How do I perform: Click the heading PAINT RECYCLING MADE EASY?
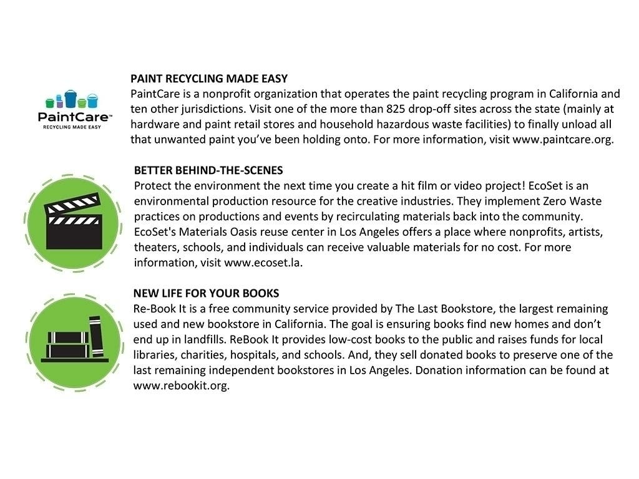click(209, 79)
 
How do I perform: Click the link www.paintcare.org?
click(563, 139)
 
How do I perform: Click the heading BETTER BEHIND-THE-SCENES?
click(208, 171)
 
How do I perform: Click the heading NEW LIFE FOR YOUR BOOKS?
click(206, 293)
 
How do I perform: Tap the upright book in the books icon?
click(95, 337)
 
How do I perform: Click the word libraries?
click(154, 355)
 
